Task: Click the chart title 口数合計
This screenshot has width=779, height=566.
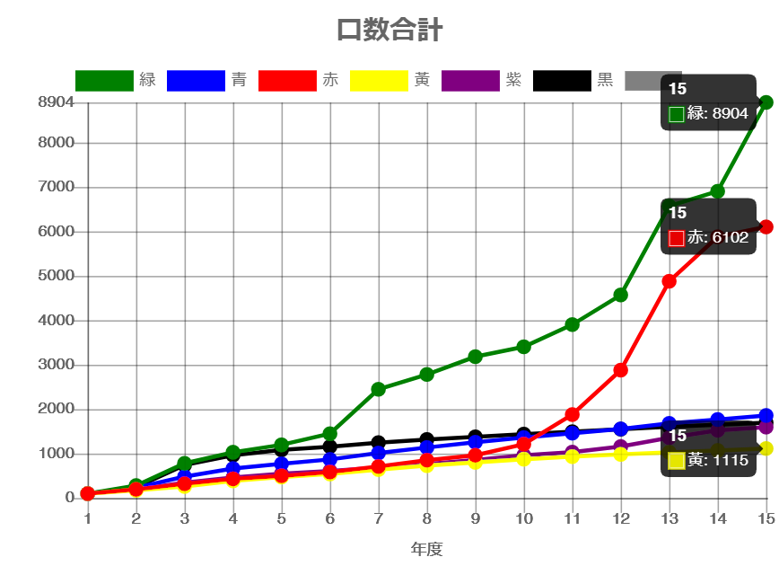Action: point(389,30)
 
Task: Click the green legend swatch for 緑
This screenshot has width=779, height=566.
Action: point(104,81)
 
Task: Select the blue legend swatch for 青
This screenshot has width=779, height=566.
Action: point(196,81)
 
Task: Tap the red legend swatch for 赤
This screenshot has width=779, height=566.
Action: point(287,81)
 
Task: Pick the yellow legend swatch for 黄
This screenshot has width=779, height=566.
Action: point(379,81)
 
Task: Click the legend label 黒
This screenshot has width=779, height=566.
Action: point(606,80)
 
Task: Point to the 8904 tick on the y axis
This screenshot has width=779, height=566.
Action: point(56,102)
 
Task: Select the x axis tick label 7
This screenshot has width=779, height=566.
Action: point(378,518)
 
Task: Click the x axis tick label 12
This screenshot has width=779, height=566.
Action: point(620,518)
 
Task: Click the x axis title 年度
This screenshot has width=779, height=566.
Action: point(426,549)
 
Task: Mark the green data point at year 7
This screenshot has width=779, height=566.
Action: point(378,389)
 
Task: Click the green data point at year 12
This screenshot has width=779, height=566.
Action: point(620,295)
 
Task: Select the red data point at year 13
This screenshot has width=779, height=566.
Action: point(669,281)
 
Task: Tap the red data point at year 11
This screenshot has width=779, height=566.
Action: point(572,414)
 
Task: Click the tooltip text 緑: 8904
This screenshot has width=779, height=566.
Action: point(717,114)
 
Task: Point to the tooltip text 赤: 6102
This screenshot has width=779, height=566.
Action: point(717,238)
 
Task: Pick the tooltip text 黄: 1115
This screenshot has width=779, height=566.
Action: point(717,460)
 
